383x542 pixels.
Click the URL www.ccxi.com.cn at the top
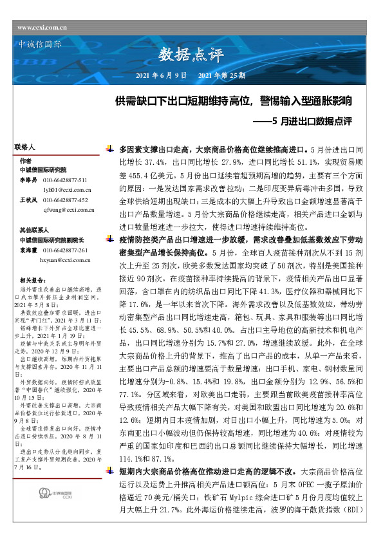[44, 26]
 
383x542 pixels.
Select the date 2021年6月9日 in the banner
[161, 75]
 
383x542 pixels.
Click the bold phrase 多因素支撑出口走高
[151, 149]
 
